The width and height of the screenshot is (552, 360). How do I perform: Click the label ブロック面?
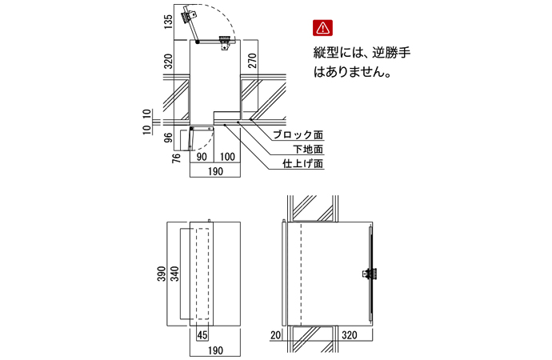(x=298, y=135)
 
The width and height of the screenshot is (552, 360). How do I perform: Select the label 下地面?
(x=307, y=150)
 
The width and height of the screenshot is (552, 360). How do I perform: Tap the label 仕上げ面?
(x=303, y=164)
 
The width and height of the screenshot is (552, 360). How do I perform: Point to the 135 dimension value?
(x=167, y=22)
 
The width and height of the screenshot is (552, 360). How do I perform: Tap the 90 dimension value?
(x=202, y=156)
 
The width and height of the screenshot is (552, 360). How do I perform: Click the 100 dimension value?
(x=227, y=156)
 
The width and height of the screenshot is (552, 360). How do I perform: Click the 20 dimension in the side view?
(x=276, y=334)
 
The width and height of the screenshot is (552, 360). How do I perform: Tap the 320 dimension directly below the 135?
(x=167, y=62)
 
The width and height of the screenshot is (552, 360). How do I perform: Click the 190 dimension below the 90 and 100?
(x=215, y=170)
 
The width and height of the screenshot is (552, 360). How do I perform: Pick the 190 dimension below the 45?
(x=215, y=350)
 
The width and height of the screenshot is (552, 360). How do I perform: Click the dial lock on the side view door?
(x=369, y=273)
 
